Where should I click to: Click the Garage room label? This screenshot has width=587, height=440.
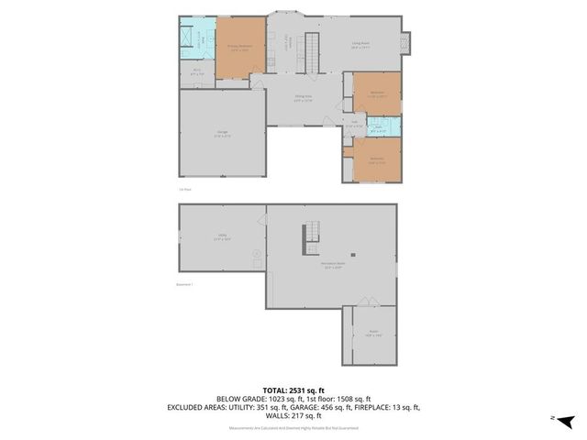point(222,134)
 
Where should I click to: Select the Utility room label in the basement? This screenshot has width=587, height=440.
point(222,236)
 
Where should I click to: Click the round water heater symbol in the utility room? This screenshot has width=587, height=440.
point(257,254)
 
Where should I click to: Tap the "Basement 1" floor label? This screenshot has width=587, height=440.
point(184,284)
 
